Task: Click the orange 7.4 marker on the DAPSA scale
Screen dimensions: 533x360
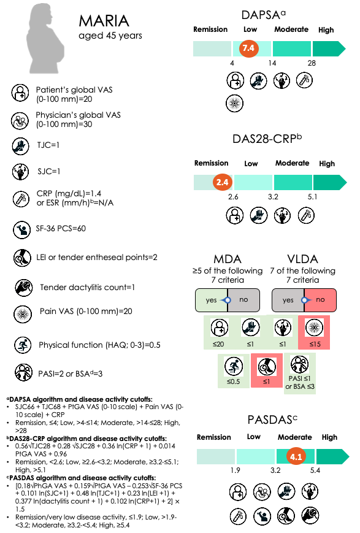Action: pos(248,48)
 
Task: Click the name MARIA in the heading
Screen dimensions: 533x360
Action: pos(104,21)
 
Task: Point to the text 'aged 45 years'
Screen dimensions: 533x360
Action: pos(110,36)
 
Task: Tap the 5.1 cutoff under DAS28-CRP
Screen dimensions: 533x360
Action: pos(312,197)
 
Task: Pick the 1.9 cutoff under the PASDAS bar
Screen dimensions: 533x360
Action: pos(234,471)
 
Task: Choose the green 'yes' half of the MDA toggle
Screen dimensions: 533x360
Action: pos(212,300)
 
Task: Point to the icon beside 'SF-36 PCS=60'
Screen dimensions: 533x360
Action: pos(22,230)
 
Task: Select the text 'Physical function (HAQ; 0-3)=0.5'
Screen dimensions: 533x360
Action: pos(99,345)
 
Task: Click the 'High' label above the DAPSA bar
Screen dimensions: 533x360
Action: pos(326,30)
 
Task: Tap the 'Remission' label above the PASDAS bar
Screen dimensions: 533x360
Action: pos(215,437)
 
